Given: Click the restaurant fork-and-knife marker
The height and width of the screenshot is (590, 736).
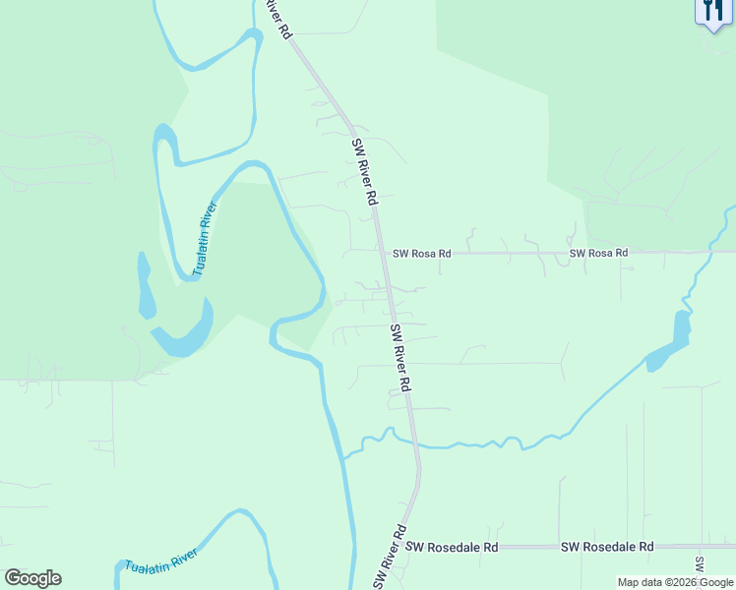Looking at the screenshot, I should click(x=710, y=13).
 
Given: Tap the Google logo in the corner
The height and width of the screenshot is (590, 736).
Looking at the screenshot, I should click(x=32, y=578).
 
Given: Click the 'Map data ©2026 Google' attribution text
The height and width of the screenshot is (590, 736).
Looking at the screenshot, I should click(x=676, y=582).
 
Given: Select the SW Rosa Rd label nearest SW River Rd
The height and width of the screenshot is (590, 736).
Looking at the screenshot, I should click(x=421, y=253).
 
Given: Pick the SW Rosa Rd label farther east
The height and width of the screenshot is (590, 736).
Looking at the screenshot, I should click(x=598, y=253).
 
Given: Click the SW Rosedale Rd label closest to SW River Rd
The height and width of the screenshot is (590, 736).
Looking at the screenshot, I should click(x=452, y=547).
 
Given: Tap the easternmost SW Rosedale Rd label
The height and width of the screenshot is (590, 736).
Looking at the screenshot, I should click(x=607, y=547).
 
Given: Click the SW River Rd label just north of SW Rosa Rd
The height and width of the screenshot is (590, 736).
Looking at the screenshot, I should click(x=364, y=171).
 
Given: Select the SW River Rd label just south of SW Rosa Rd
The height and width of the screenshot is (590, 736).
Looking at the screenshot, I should click(x=399, y=358).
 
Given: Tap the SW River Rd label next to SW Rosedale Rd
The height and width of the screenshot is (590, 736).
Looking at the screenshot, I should click(x=391, y=558).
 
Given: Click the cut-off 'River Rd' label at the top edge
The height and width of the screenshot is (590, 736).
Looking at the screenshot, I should click(x=279, y=19).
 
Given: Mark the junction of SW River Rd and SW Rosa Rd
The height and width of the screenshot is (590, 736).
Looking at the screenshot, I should click(x=383, y=253).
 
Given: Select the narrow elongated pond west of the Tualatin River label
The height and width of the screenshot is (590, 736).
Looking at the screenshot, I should click(x=145, y=287).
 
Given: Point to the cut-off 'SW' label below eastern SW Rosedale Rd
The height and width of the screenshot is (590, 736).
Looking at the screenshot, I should click(x=700, y=565).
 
